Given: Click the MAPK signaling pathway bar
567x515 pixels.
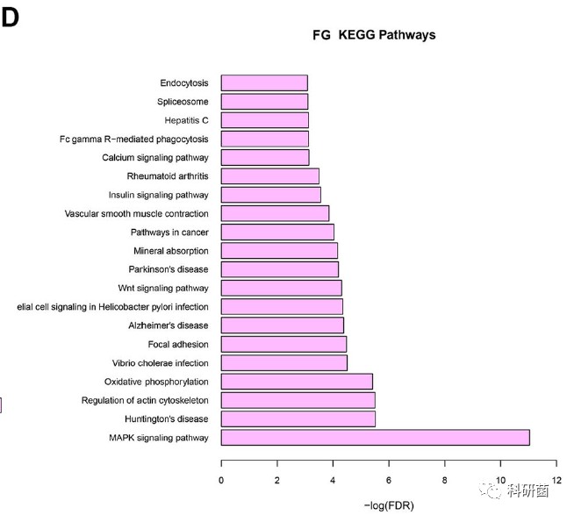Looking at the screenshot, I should click(x=375, y=438).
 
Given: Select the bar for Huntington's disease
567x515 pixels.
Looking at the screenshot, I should click(x=298, y=418).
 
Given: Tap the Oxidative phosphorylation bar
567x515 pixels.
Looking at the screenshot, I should click(x=297, y=382).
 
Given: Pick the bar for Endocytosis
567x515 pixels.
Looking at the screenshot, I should click(x=264, y=83).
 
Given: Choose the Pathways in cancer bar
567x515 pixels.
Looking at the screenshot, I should click(x=277, y=232).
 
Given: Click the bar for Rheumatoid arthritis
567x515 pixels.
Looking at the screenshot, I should click(x=269, y=176).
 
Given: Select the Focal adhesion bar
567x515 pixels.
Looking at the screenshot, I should click(x=283, y=344).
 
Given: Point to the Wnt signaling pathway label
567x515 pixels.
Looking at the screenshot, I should click(x=163, y=288).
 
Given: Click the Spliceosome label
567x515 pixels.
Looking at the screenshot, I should click(x=183, y=102).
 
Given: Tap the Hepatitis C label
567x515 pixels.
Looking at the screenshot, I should click(x=186, y=120).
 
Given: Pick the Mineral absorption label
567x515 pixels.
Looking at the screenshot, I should click(x=171, y=251).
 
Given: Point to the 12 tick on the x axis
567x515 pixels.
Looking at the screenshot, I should click(x=556, y=479).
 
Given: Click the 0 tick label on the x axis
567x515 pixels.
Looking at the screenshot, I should click(x=221, y=479).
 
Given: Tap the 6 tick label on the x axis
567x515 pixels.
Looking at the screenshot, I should click(x=389, y=479).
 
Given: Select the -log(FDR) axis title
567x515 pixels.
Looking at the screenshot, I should click(x=389, y=505).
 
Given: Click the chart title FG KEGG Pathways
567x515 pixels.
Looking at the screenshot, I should click(x=375, y=35).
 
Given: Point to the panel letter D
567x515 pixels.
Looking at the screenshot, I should click(x=10, y=19).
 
